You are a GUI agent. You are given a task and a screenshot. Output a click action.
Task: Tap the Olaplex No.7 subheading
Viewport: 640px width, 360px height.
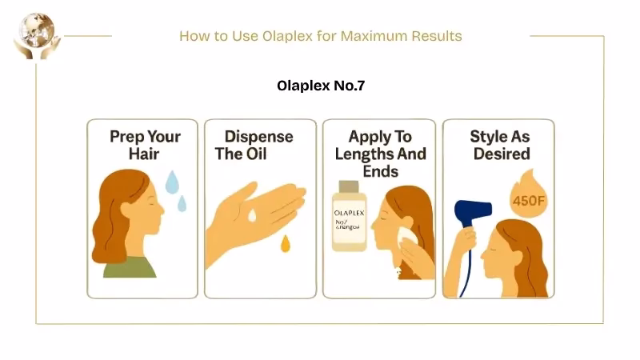click(320, 86)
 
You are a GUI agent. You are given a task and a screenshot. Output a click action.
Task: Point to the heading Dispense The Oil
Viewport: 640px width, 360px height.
click(254, 145)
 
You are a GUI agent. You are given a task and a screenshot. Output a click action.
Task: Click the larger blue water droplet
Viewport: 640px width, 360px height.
click(172, 183)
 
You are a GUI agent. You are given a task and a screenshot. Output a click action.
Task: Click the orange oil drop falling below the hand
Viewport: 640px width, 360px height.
click(285, 244)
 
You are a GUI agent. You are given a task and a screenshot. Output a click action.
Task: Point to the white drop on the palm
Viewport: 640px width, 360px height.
click(252, 215)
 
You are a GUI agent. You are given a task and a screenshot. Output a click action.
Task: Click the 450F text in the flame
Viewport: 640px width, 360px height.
click(528, 198)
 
